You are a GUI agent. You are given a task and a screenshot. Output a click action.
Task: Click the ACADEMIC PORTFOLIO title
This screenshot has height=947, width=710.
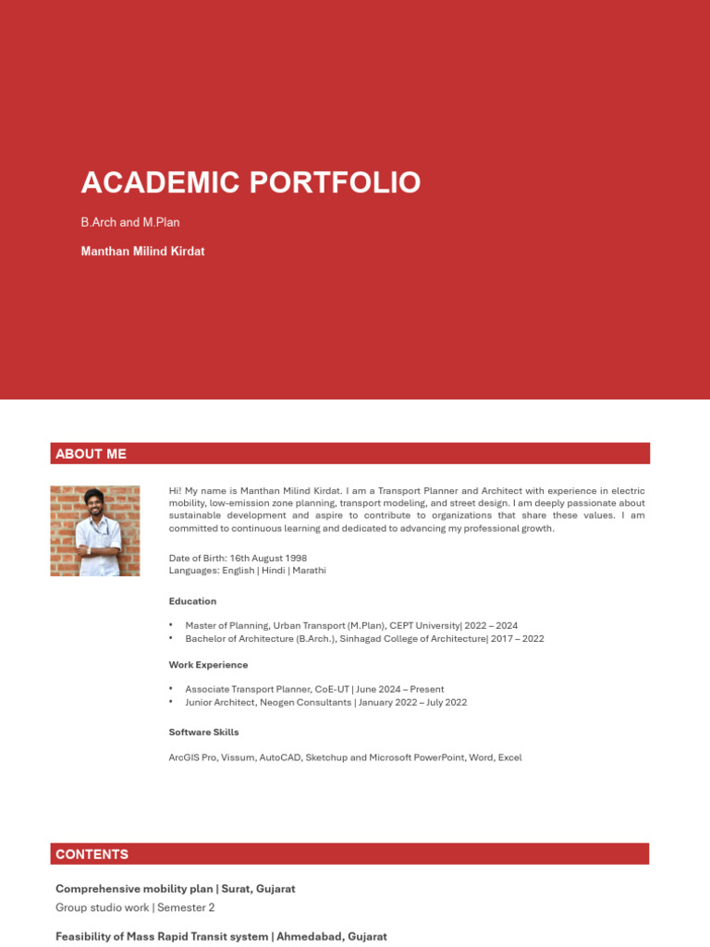(251, 182)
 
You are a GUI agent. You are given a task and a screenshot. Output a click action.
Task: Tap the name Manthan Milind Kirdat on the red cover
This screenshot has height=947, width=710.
(142, 251)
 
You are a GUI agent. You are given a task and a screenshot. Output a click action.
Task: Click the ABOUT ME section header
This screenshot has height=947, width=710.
(91, 454)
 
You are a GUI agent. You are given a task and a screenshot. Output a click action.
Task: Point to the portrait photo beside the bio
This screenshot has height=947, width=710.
(95, 531)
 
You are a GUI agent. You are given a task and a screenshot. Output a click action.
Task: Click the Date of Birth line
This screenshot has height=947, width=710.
(238, 558)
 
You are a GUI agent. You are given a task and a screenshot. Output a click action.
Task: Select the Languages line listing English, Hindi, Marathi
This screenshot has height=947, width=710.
(247, 571)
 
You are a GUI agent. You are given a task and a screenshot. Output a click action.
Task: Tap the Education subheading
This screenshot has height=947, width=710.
(192, 601)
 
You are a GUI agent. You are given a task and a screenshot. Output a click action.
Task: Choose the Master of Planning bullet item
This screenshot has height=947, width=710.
(351, 626)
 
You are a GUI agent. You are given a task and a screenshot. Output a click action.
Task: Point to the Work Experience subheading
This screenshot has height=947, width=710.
(208, 664)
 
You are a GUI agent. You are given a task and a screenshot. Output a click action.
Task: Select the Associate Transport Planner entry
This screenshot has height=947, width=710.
(314, 689)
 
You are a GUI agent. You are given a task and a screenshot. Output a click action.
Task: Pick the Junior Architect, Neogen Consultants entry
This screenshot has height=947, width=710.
(325, 702)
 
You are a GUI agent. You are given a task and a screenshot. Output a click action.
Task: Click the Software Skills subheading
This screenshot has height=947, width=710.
(203, 732)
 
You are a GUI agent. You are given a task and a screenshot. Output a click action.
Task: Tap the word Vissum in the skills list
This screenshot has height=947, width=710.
(237, 757)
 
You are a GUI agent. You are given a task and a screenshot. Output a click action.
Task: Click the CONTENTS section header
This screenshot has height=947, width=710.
(92, 854)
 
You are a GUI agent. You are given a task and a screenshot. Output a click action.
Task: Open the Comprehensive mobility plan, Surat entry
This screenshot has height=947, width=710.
(176, 889)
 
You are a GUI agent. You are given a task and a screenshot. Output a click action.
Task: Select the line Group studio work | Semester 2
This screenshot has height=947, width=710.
(135, 907)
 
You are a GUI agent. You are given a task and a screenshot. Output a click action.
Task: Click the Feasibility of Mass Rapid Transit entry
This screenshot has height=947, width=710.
(221, 937)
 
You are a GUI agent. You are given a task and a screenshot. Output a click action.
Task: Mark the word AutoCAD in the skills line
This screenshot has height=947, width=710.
(279, 757)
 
